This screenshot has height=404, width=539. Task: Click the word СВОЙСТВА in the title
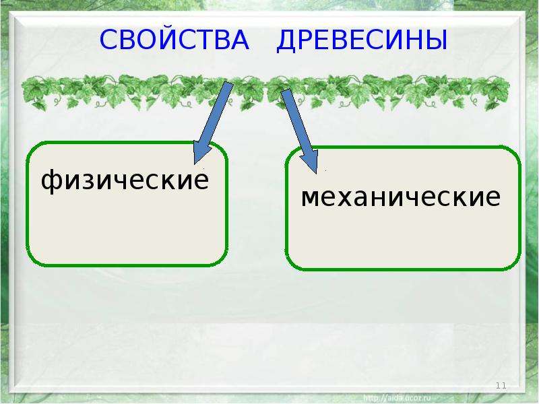(x=175, y=39)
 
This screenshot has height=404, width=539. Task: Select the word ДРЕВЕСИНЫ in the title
(x=362, y=40)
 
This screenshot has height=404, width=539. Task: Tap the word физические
(x=125, y=180)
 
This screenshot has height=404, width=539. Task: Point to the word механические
(x=401, y=197)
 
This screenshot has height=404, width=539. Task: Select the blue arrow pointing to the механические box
(x=299, y=131)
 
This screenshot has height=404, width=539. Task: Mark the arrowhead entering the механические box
(x=310, y=159)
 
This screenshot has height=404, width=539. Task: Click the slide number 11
(x=501, y=385)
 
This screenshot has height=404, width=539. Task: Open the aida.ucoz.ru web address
(x=397, y=398)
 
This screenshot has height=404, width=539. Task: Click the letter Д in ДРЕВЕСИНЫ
(x=288, y=41)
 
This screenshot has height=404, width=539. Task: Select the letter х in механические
(x=360, y=197)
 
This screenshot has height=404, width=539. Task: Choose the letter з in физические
(x=88, y=180)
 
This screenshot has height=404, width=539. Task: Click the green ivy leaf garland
(x=265, y=92)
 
